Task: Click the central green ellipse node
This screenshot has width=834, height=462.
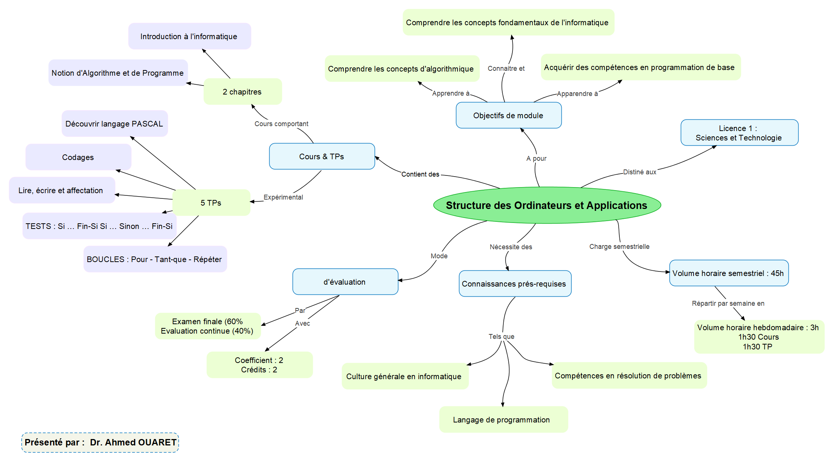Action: pyautogui.click(x=547, y=205)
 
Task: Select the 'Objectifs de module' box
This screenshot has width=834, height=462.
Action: pyautogui.click(x=508, y=115)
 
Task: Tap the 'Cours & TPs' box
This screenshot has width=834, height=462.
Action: pyautogui.click(x=322, y=156)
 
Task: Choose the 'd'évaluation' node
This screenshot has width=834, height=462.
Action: pyautogui.click(x=345, y=282)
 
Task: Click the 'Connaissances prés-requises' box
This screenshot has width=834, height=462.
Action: pyautogui.click(x=514, y=284)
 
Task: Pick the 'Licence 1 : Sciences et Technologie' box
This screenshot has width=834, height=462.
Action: pyautogui.click(x=739, y=133)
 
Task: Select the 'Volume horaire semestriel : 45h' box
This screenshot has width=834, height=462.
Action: pyautogui.click(x=728, y=273)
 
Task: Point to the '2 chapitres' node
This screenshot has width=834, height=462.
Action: pyautogui.click(x=242, y=91)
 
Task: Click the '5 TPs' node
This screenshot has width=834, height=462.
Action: pyautogui.click(x=211, y=203)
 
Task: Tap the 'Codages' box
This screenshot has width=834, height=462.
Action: pyautogui.click(x=78, y=157)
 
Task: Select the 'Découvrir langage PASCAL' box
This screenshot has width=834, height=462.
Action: pyautogui.click(x=114, y=124)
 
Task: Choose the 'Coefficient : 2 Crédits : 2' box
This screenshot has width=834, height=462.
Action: pyautogui.click(x=259, y=365)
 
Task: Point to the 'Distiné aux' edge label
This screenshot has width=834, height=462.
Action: pyautogui.click(x=639, y=172)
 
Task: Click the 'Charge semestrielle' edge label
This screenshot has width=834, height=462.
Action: pyautogui.click(x=619, y=247)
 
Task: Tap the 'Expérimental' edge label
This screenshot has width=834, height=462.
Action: pyautogui.click(x=283, y=197)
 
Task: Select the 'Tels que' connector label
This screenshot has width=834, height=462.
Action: pyautogui.click(x=501, y=336)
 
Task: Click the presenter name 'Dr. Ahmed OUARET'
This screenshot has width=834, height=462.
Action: pyautogui.click(x=133, y=442)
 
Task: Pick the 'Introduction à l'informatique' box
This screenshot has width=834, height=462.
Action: pyautogui.click(x=189, y=36)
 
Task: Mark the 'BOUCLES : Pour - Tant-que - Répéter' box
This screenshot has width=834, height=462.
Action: pyautogui.click(x=154, y=259)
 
